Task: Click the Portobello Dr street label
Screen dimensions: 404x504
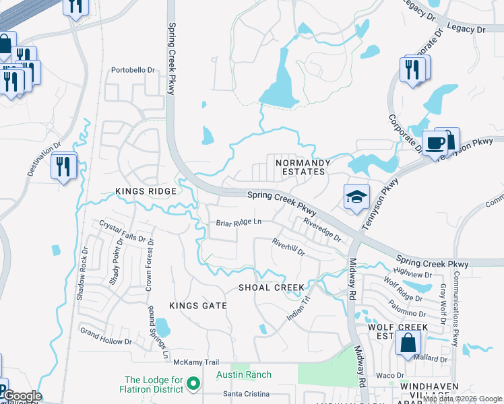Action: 133,69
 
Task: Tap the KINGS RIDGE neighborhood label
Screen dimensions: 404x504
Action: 146,191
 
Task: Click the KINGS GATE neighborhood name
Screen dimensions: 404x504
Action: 198,306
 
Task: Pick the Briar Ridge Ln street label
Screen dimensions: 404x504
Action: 238,222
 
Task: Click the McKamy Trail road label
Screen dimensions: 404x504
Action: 197,362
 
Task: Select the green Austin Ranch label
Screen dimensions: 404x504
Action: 244,375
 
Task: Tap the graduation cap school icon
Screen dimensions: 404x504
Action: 356,196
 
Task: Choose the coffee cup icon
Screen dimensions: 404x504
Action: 435,143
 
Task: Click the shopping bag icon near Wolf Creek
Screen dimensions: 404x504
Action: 408,342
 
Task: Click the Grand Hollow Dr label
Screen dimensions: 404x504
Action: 106,336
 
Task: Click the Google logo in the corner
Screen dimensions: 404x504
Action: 22,397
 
